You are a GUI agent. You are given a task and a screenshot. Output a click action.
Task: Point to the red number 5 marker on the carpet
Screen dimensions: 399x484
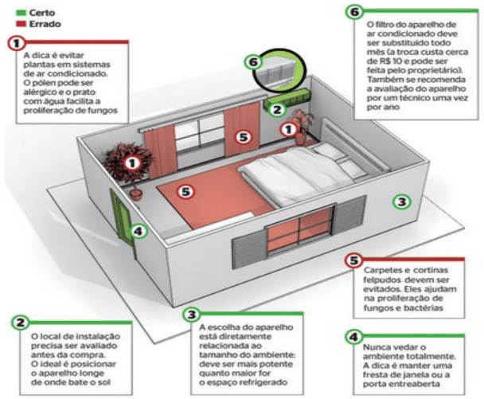tap(185, 192)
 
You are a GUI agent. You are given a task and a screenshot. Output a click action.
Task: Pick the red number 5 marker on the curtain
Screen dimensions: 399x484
tap(244, 137)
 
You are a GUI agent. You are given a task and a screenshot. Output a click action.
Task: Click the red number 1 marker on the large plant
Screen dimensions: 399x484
tap(133, 162)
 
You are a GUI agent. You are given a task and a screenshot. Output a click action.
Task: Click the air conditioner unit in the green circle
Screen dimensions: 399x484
tap(278, 74)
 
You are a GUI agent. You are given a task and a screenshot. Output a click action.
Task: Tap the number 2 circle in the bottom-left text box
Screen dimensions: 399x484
tap(16, 322)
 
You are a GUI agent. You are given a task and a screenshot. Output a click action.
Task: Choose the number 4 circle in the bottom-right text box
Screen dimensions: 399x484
tap(355, 337)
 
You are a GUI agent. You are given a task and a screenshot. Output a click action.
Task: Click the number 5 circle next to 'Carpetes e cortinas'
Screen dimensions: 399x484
tap(355, 260)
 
